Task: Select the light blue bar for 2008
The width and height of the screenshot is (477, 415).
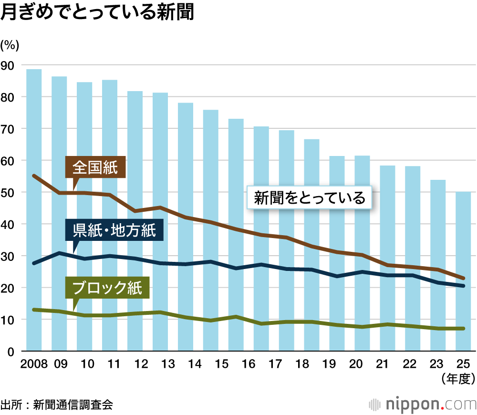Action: point(34,210)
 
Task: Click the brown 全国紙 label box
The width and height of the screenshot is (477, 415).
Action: point(95,167)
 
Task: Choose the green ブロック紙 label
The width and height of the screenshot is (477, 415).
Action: point(107,288)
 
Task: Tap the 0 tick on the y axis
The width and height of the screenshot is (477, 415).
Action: point(11,352)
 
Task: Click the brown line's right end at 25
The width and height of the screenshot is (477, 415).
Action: point(463,278)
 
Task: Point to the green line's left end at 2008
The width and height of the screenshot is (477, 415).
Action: point(34,310)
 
